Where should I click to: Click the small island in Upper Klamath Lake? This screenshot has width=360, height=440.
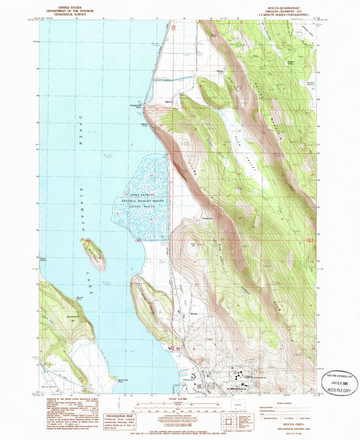[94, 254]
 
